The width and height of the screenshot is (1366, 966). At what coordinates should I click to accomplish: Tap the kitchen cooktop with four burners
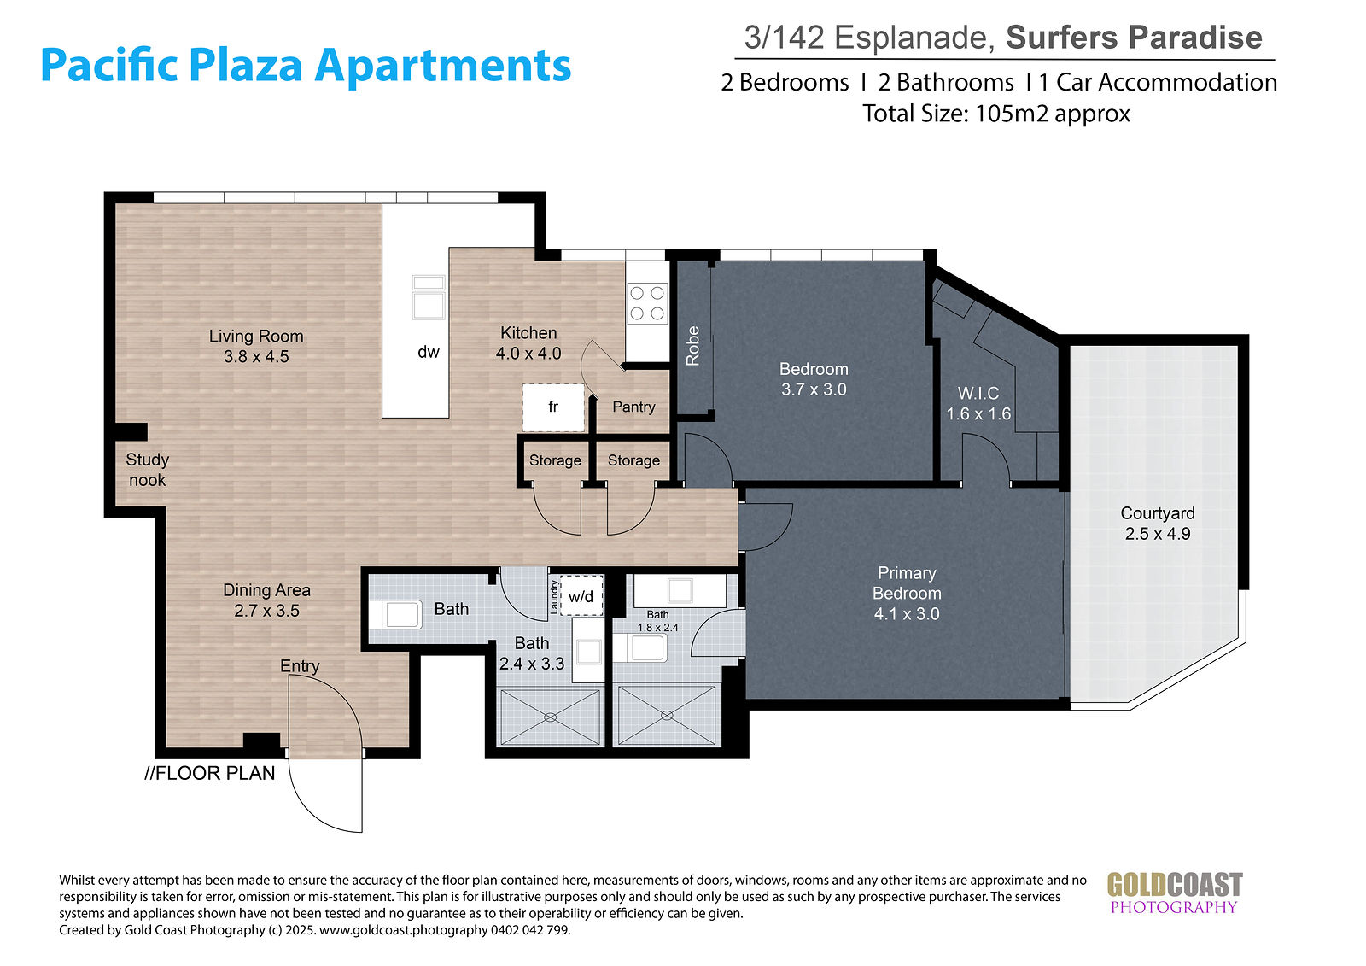pyautogui.click(x=647, y=303)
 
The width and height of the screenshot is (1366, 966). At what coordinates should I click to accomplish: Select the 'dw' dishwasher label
pyautogui.click(x=428, y=352)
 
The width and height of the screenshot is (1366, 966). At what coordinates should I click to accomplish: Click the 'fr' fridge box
pyautogui.click(x=553, y=407)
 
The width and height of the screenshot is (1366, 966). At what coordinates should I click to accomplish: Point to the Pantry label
pyautogui.click(x=633, y=407)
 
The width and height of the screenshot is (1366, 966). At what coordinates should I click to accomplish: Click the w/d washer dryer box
pyautogui.click(x=581, y=595)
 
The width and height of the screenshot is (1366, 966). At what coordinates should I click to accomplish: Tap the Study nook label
pyautogui.click(x=147, y=470)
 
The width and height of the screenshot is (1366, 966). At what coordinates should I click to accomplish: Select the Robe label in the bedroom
pyautogui.click(x=692, y=346)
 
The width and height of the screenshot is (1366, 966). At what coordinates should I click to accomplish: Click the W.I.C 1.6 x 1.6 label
pyautogui.click(x=978, y=403)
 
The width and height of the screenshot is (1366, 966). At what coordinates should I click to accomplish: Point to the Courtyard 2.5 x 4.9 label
pyautogui.click(x=1158, y=524)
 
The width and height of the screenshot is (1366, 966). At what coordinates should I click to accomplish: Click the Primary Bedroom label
pyautogui.click(x=907, y=583)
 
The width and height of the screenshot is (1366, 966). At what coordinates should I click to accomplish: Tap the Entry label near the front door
pyautogui.click(x=300, y=666)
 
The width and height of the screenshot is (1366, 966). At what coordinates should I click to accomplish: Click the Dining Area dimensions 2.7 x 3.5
pyautogui.click(x=266, y=611)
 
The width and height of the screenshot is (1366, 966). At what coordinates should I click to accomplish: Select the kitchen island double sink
pyautogui.click(x=428, y=298)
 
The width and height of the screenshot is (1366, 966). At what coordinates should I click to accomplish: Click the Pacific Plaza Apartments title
pyautogui.click(x=306, y=65)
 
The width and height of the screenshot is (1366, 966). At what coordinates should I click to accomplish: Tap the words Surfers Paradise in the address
pyautogui.click(x=1134, y=38)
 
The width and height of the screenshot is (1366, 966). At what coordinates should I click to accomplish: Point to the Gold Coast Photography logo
pyautogui.click(x=1175, y=893)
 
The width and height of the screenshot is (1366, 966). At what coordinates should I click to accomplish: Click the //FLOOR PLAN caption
pyautogui.click(x=210, y=773)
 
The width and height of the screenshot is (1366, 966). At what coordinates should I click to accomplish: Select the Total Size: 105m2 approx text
pyautogui.click(x=995, y=114)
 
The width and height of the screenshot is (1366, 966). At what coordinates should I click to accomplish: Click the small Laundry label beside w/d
pyautogui.click(x=554, y=597)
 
